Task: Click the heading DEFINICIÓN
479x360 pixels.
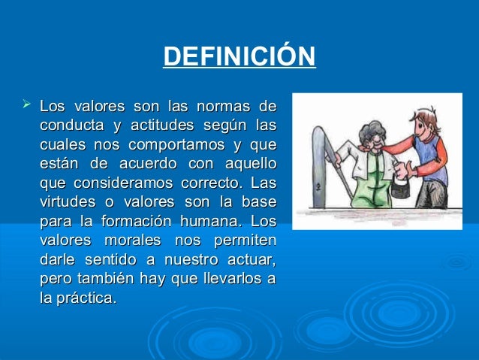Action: [x=239, y=57]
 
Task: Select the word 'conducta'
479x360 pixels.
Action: [x=70, y=124]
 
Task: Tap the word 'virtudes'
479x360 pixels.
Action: [x=68, y=202]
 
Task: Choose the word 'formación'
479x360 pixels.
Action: [x=143, y=222]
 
